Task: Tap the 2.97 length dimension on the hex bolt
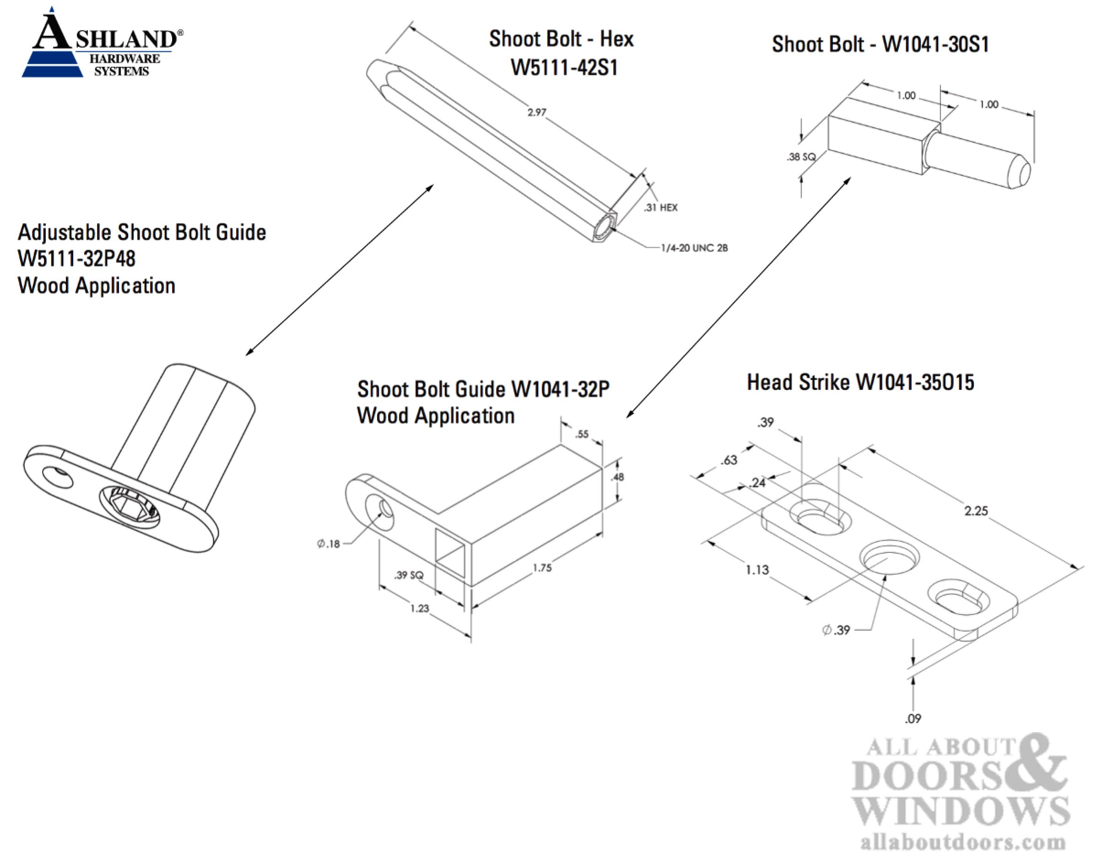(x=537, y=112)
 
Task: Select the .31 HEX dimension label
(x=660, y=207)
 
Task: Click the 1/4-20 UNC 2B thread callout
(x=694, y=248)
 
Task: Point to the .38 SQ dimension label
(x=800, y=157)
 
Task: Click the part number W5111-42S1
(x=564, y=67)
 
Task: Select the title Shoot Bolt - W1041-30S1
(x=880, y=44)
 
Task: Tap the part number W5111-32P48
(x=76, y=259)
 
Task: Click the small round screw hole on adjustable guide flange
(x=57, y=477)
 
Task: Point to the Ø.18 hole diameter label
(x=328, y=544)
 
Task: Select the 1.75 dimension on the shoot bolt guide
(x=542, y=568)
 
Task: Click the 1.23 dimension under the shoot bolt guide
(x=419, y=609)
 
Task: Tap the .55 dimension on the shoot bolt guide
(x=582, y=433)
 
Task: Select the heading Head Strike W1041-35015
(x=860, y=383)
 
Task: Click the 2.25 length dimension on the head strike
(x=976, y=511)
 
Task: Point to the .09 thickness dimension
(x=913, y=718)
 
